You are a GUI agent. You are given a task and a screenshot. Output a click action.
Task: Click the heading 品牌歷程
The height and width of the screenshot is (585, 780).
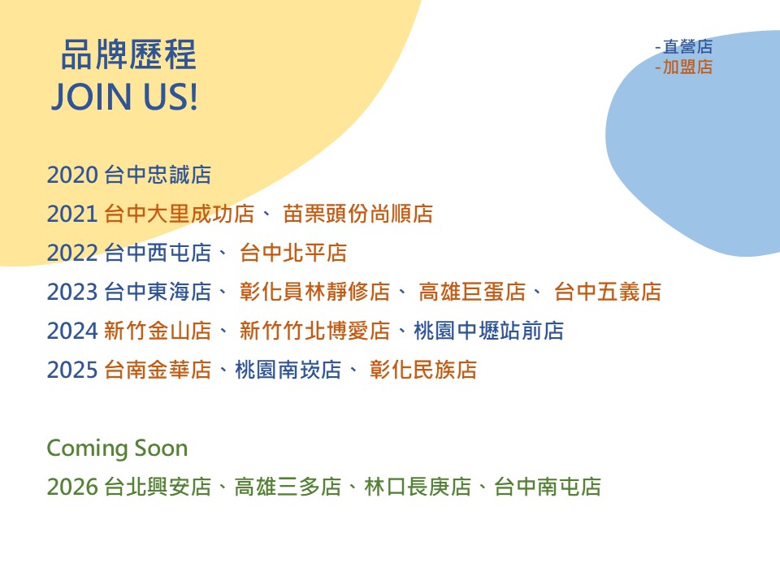128,54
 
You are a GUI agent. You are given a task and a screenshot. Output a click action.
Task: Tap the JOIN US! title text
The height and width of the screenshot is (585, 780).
125,97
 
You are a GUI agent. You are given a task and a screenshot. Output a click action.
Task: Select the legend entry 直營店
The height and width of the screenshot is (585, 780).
687,47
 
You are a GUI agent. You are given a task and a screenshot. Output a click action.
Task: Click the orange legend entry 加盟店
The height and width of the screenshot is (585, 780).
687,67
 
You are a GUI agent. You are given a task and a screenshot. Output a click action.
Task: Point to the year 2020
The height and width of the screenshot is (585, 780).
72,175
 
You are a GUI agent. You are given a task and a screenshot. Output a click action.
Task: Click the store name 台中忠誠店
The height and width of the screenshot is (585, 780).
158,175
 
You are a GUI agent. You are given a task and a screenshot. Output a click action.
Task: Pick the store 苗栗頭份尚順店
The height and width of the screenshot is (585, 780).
357,214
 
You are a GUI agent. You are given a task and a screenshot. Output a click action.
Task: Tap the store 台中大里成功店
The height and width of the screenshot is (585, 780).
179,214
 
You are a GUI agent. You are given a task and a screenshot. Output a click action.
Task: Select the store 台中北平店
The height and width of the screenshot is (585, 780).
293,253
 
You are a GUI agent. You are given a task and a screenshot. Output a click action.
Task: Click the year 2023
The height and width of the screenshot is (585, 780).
72,292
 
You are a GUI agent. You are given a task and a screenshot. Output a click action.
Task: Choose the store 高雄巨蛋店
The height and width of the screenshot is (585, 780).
472,292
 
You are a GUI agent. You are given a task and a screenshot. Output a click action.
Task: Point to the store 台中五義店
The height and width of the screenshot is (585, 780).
608,292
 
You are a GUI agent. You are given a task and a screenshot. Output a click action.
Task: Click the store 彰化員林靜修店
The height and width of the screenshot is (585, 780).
315,292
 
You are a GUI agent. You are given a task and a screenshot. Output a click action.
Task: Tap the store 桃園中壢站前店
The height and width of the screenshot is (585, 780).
488,331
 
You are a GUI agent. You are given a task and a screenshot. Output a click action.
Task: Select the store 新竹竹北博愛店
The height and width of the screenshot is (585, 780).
315,331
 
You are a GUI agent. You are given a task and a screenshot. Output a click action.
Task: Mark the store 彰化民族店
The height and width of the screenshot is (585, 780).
422,370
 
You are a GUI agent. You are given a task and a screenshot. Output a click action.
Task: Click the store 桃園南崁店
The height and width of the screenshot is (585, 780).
288,370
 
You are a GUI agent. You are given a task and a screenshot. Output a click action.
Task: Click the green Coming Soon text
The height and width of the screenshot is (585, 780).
117,448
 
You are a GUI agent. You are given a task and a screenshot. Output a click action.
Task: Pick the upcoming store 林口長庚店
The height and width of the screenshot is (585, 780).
418,487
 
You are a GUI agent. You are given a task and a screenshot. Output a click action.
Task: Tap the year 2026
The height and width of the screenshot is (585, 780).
72,487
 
